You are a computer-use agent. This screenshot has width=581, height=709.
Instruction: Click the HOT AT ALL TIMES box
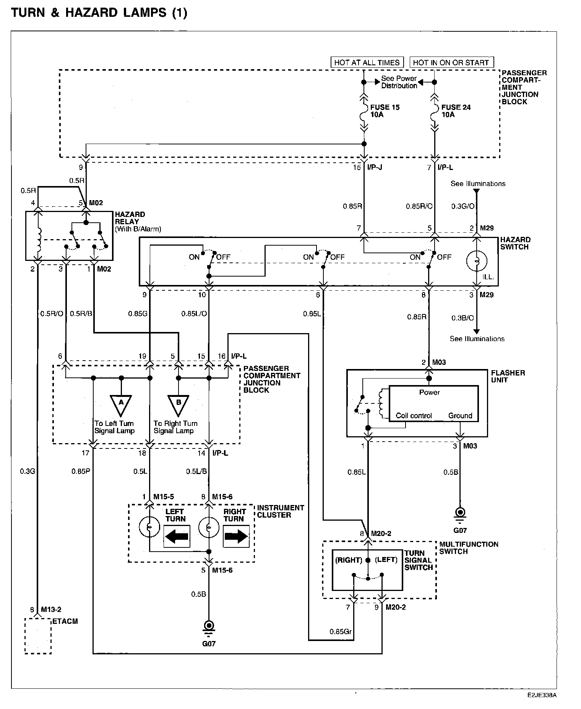point(367,63)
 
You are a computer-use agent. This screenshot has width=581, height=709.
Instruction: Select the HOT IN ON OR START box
point(451,63)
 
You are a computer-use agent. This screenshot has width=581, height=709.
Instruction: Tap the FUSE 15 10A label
point(385,111)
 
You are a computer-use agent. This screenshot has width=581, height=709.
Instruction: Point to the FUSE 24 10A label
point(456,111)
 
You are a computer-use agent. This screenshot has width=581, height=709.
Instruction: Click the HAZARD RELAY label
point(130,218)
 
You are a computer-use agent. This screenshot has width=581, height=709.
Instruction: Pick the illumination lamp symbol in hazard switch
point(477,261)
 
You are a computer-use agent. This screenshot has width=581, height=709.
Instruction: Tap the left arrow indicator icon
point(177,536)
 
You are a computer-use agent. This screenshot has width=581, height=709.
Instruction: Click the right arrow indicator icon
point(236,536)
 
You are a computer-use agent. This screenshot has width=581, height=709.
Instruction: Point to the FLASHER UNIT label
point(508,376)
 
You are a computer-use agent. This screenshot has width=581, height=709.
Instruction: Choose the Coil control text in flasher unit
point(414,416)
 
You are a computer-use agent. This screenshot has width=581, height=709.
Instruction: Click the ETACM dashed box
point(38,636)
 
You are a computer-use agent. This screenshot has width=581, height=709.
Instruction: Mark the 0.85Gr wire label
point(340,632)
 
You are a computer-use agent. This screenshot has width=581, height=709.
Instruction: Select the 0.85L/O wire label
point(194,314)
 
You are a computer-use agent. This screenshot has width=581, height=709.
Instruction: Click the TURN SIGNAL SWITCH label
point(419,560)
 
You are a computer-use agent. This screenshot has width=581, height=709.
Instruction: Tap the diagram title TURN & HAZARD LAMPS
point(99,13)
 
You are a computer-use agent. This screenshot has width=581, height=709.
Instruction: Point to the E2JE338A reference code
point(542,695)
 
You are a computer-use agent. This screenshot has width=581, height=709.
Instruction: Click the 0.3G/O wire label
point(463,206)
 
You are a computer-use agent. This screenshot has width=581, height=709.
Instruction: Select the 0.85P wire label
point(81,471)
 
